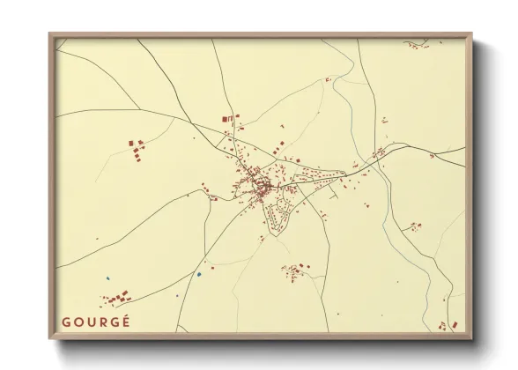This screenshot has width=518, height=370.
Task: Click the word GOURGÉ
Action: (x=95, y=322)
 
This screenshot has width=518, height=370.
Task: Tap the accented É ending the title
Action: (x=125, y=321)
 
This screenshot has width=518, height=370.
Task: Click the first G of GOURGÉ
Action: (x=66, y=322)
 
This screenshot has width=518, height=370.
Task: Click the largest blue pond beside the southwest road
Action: (x=199, y=273)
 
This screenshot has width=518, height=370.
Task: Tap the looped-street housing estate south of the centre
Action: (x=280, y=211)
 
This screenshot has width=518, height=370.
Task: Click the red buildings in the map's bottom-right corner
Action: (x=451, y=325)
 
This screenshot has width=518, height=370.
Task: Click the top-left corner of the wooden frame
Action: (x=51, y=36)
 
